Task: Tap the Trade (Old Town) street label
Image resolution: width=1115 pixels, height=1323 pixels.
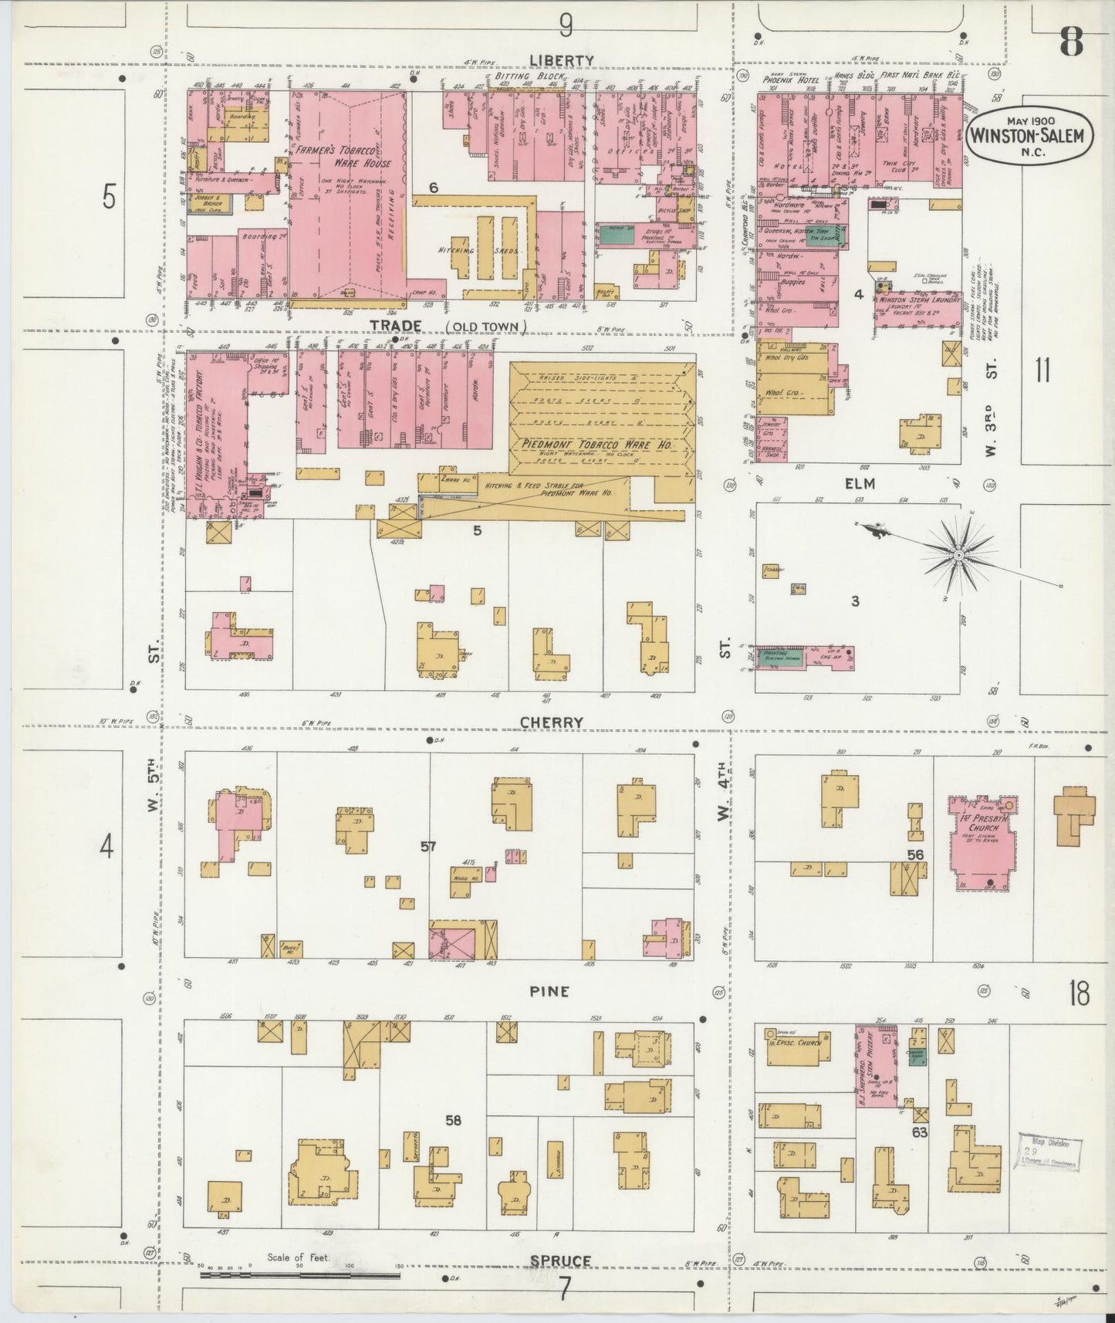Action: coord(447,327)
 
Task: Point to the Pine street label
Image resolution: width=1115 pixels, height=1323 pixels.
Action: coord(550,991)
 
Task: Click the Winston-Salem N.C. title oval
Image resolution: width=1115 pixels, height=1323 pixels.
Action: coord(1029,136)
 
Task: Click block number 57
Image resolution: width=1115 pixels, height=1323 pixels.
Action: coord(429,847)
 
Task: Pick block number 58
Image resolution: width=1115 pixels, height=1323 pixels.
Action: coord(453,1119)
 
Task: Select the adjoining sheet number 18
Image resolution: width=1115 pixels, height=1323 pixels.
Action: coord(1078,995)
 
